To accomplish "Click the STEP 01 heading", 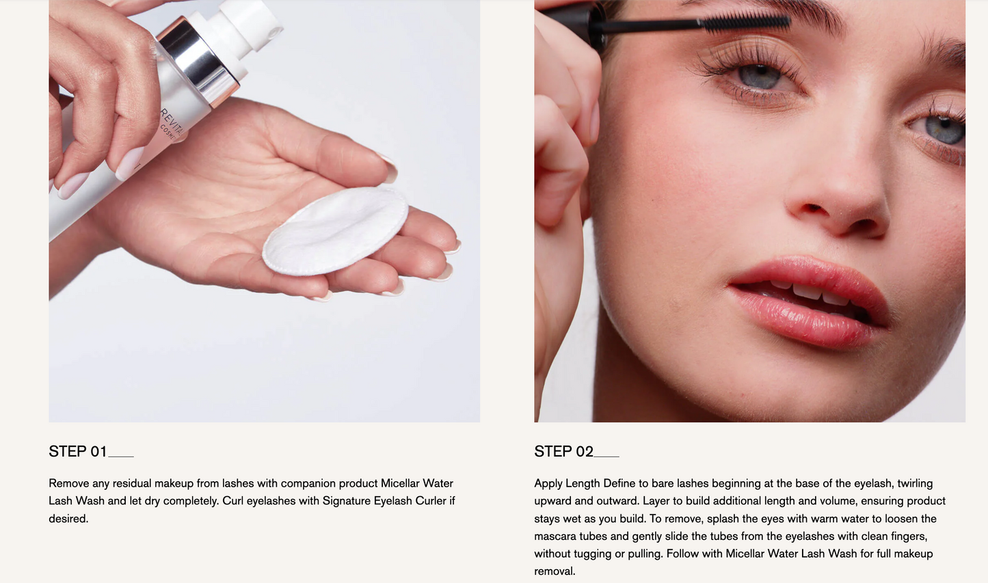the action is coord(78,451).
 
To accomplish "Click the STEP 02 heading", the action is coord(563,451).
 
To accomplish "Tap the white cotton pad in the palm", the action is coord(335,231).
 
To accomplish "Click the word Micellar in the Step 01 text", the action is coord(399,483).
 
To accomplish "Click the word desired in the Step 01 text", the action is coord(68,519).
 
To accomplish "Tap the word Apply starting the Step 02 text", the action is coord(548,484).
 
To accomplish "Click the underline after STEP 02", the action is coord(606,457).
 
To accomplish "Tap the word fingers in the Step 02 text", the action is coord(908,537).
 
